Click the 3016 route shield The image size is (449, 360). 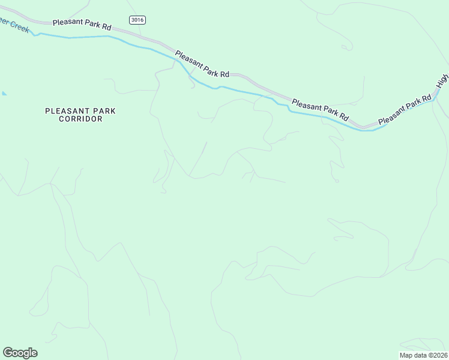pos(137,20)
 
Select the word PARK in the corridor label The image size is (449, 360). pos(101,111)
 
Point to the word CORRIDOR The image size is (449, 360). pos(80,119)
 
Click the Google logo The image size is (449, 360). pos(20,353)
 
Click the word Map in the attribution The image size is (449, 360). pos(406,355)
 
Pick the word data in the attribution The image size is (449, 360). pos(420,355)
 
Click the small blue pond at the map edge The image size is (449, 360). pos(4,94)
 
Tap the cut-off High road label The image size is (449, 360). pos(443,81)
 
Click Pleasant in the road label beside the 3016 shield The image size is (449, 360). pos(66,22)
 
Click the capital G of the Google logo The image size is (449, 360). pos(8,353)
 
